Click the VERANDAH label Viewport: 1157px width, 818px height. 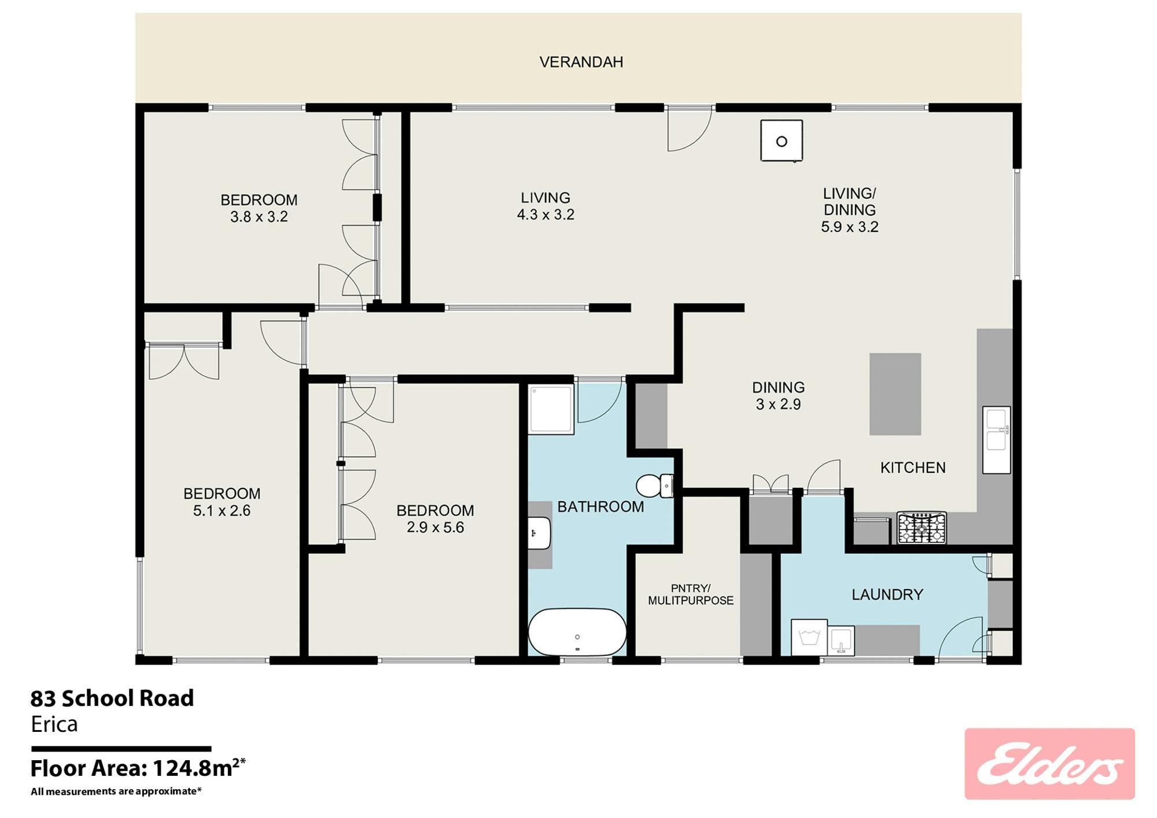pos(581,62)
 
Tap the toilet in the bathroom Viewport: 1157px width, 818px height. pos(655,486)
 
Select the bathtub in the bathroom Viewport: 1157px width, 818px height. pos(577,632)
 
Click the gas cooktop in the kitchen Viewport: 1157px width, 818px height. pos(922,528)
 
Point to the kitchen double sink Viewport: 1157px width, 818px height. pos(996,440)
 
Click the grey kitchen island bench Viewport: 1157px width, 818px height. pos(895,394)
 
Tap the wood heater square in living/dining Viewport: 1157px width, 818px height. pos(782,140)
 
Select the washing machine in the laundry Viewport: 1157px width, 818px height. pos(809,637)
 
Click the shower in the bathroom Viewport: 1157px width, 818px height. pos(551,409)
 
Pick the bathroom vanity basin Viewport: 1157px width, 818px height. pos(539,533)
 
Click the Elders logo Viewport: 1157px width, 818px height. pos(1049,764)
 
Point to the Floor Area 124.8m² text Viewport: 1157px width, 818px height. pos(138,768)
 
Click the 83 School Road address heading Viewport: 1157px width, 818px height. pos(112,698)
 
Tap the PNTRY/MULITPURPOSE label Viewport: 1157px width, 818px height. pos(691,595)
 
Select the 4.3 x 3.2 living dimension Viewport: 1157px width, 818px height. pos(546,214)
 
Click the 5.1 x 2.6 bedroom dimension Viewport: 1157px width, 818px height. pos(222,510)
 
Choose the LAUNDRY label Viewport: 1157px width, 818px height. pos(887,594)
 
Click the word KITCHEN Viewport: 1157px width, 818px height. pos(913,468)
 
